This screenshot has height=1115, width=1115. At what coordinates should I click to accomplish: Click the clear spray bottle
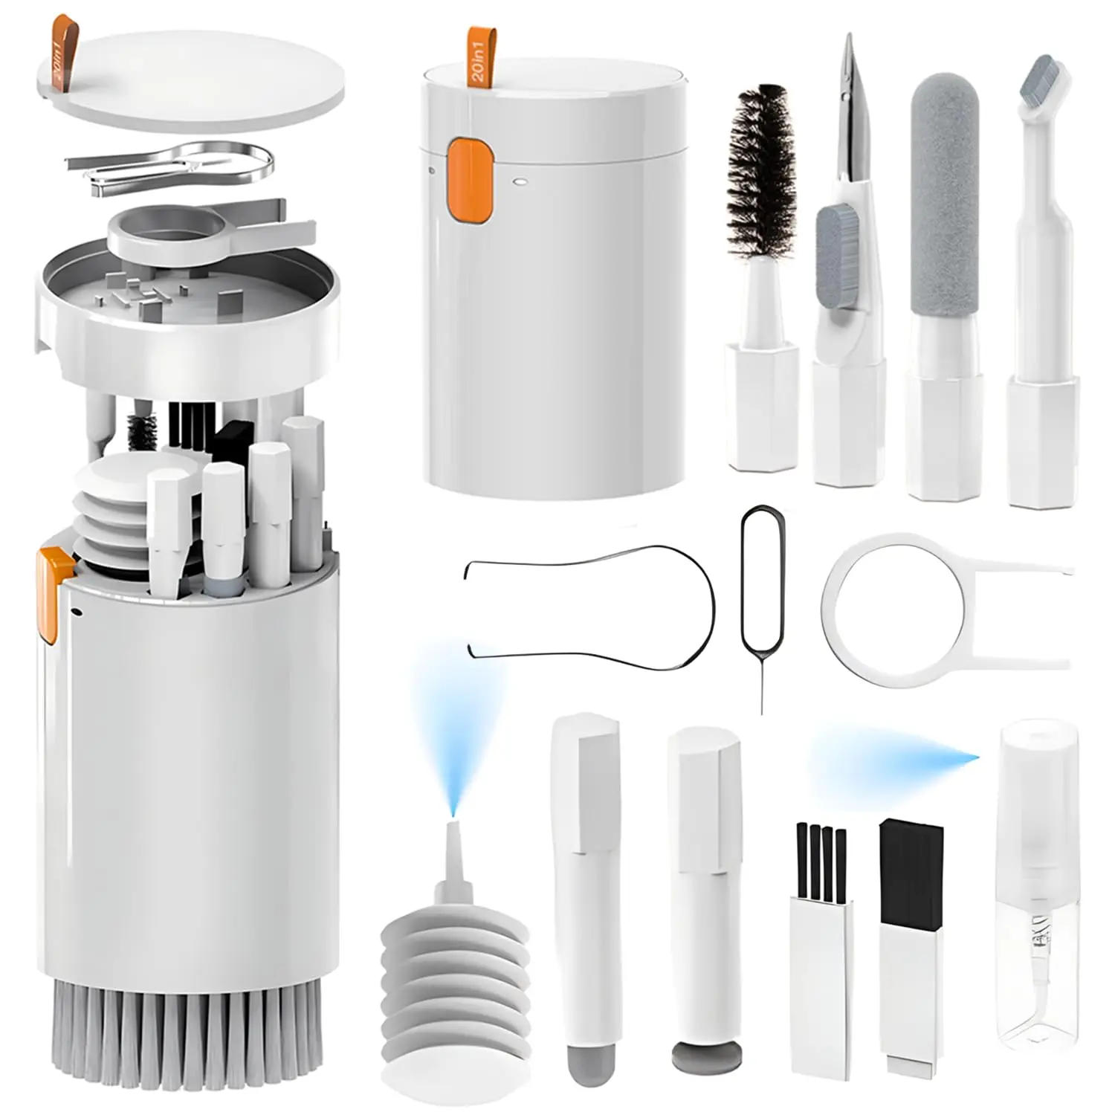pyautogui.click(x=1037, y=892)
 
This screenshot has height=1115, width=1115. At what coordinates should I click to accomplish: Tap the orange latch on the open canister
pyautogui.click(x=54, y=595)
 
